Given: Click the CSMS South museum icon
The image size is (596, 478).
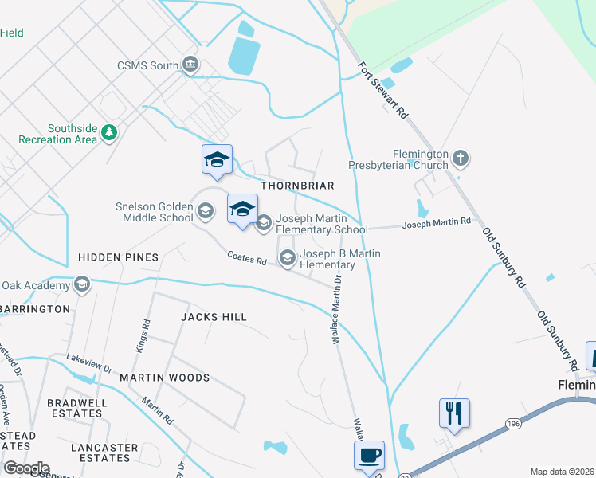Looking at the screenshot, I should tap(190, 64).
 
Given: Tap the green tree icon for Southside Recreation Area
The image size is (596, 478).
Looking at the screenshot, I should tap(109, 133).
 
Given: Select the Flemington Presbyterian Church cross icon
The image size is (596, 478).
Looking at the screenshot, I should tap(460, 159).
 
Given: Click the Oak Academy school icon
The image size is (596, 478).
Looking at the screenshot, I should tap(80, 284).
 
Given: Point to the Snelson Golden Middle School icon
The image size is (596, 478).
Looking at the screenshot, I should tap(205, 211).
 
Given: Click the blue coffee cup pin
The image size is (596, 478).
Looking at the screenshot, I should tap(369, 456).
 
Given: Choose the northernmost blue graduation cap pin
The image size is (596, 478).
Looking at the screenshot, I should tap(217, 159).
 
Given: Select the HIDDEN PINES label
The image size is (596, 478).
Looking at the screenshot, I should tap(118, 257).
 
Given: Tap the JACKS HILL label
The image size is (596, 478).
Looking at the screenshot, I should tap(214, 317).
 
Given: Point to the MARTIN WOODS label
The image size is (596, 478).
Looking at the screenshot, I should tap(164, 378).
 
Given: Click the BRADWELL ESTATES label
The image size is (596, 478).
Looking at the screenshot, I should tap(76, 408).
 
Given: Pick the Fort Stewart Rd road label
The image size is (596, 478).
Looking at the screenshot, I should tap(383, 91).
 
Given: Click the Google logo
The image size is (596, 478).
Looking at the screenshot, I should tap(25, 468).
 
